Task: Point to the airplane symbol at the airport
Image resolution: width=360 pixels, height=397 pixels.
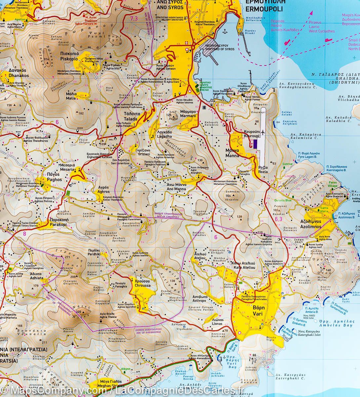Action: click(x=263, y=132)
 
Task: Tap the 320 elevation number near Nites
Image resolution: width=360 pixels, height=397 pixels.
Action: click(x=78, y=312)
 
